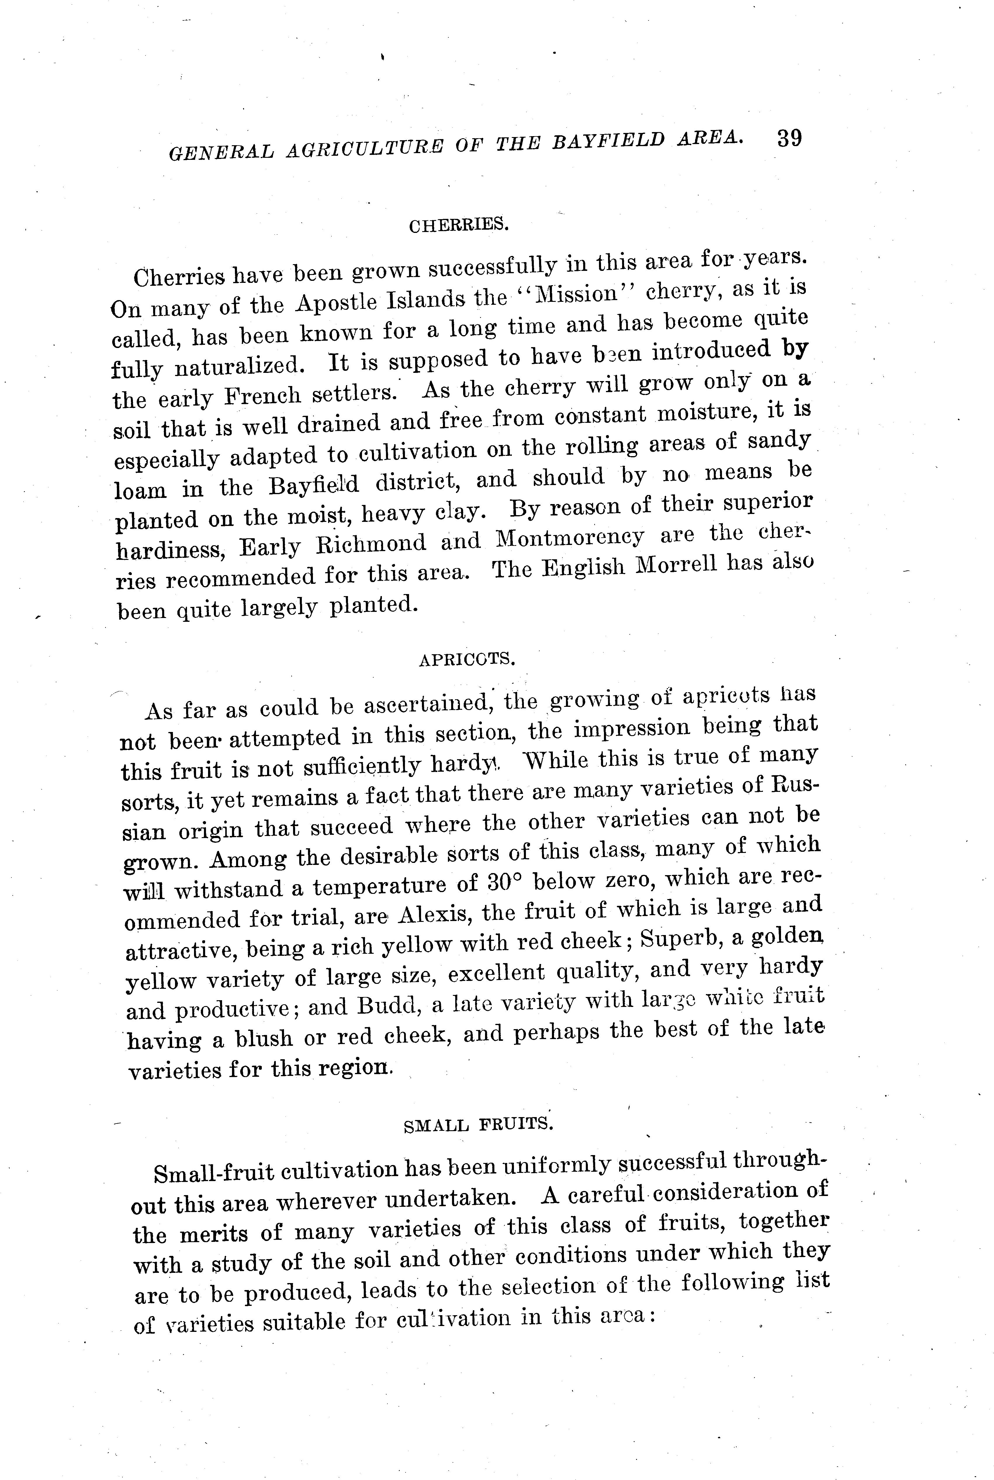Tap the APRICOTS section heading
point(467,660)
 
